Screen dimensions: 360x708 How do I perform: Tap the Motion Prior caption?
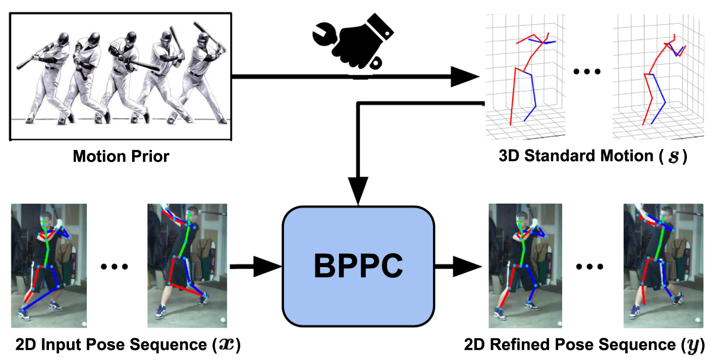[121, 157]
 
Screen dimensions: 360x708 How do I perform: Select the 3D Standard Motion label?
[585, 157]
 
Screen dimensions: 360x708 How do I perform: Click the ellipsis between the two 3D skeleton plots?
[587, 72]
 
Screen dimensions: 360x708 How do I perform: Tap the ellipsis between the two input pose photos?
[116, 267]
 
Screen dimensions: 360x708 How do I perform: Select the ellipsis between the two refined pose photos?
[592, 267]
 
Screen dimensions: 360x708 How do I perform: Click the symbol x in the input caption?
[226, 346]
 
